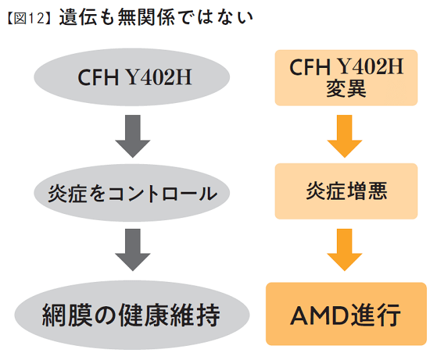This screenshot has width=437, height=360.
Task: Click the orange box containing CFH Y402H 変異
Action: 346,78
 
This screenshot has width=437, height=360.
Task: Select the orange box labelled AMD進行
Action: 346,314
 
